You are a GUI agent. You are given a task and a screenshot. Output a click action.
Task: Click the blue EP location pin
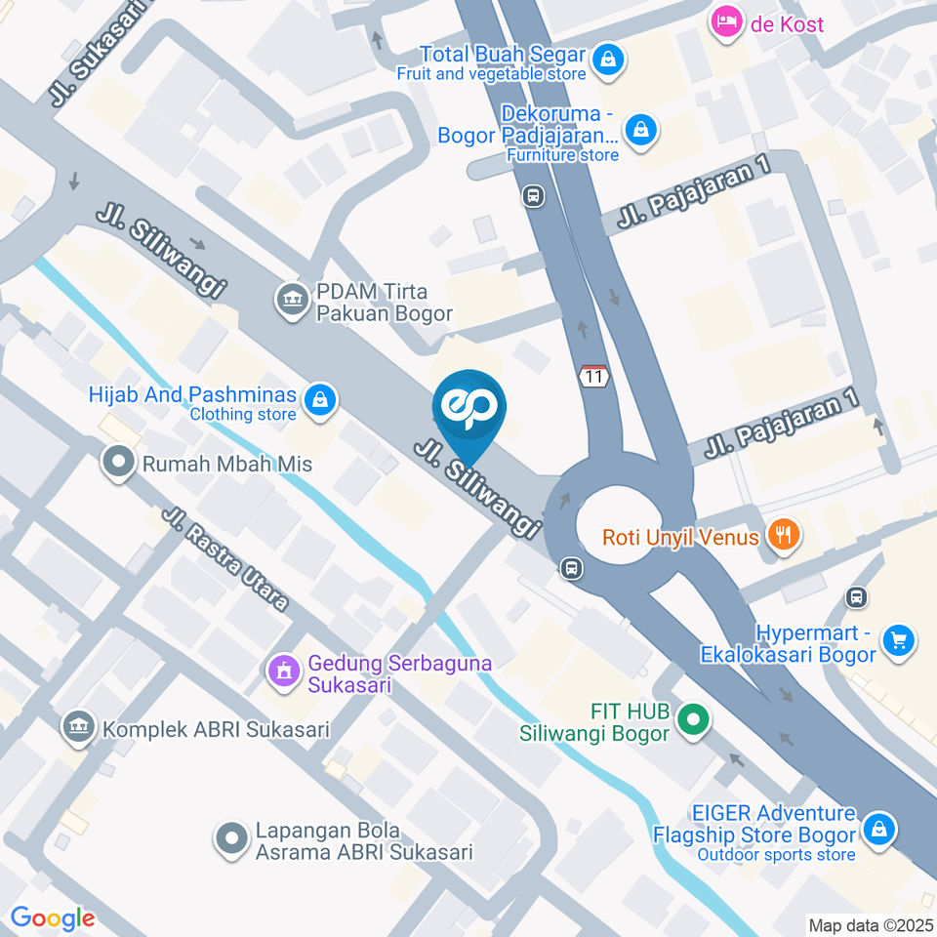[x=469, y=410]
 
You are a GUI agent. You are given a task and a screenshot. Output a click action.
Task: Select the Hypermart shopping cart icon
[x=897, y=641]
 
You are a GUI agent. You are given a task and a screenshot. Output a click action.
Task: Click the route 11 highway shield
[x=593, y=376]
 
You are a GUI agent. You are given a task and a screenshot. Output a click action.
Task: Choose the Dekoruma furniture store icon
[x=640, y=128]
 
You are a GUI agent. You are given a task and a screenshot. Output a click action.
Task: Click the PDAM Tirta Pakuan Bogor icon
[x=291, y=296]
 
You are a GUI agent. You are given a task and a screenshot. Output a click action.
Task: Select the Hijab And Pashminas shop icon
[x=320, y=399]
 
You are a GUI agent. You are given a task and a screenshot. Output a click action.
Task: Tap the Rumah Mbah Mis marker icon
[x=119, y=463]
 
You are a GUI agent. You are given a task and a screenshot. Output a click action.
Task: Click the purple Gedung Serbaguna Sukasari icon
[x=284, y=671]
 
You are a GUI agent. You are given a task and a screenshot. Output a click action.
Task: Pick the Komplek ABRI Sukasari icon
[x=78, y=727]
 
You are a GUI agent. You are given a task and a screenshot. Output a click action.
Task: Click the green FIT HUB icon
[x=693, y=721]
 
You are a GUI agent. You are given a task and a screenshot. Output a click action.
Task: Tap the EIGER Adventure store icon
[x=879, y=831]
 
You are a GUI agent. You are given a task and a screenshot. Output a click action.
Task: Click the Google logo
[x=53, y=917]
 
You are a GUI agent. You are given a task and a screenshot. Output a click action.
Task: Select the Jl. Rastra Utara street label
[x=227, y=560]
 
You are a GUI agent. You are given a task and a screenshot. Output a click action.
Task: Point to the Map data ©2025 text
[x=870, y=924]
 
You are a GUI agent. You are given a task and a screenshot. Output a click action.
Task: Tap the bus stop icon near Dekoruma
[x=534, y=196]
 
